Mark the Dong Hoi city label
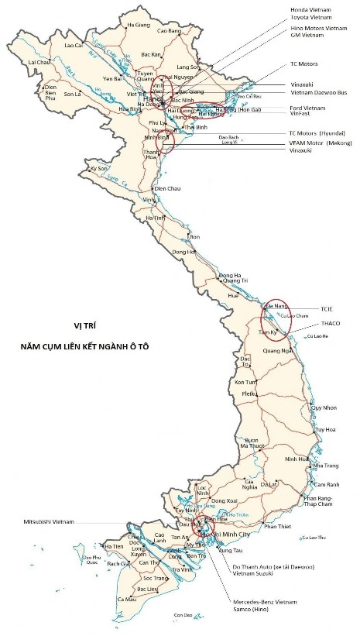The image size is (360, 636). (x=184, y=252)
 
